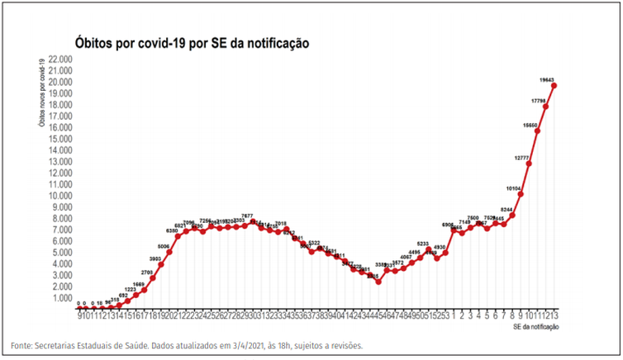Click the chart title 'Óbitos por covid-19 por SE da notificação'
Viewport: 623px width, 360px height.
coord(192,42)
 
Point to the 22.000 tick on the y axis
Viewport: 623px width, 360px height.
coord(60,59)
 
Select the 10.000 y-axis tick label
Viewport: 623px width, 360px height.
coord(60,196)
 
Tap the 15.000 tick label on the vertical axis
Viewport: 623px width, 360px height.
coord(60,139)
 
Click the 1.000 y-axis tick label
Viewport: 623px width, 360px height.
coord(62,297)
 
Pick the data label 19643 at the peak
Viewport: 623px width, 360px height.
coord(546,80)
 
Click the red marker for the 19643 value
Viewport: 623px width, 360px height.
coord(554,86)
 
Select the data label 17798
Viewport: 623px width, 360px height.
coord(539,101)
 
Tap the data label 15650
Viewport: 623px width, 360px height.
coord(530,125)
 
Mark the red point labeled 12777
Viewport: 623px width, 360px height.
coord(529,163)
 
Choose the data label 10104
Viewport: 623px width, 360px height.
coord(513,187)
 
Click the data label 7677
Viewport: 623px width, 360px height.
coord(247,216)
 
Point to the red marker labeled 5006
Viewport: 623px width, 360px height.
coord(169,252)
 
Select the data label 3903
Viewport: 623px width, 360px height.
coord(155,258)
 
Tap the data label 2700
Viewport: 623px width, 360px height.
coord(146,272)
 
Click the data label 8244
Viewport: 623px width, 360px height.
coord(506,209)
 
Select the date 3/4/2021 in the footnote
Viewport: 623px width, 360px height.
coord(226,345)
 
